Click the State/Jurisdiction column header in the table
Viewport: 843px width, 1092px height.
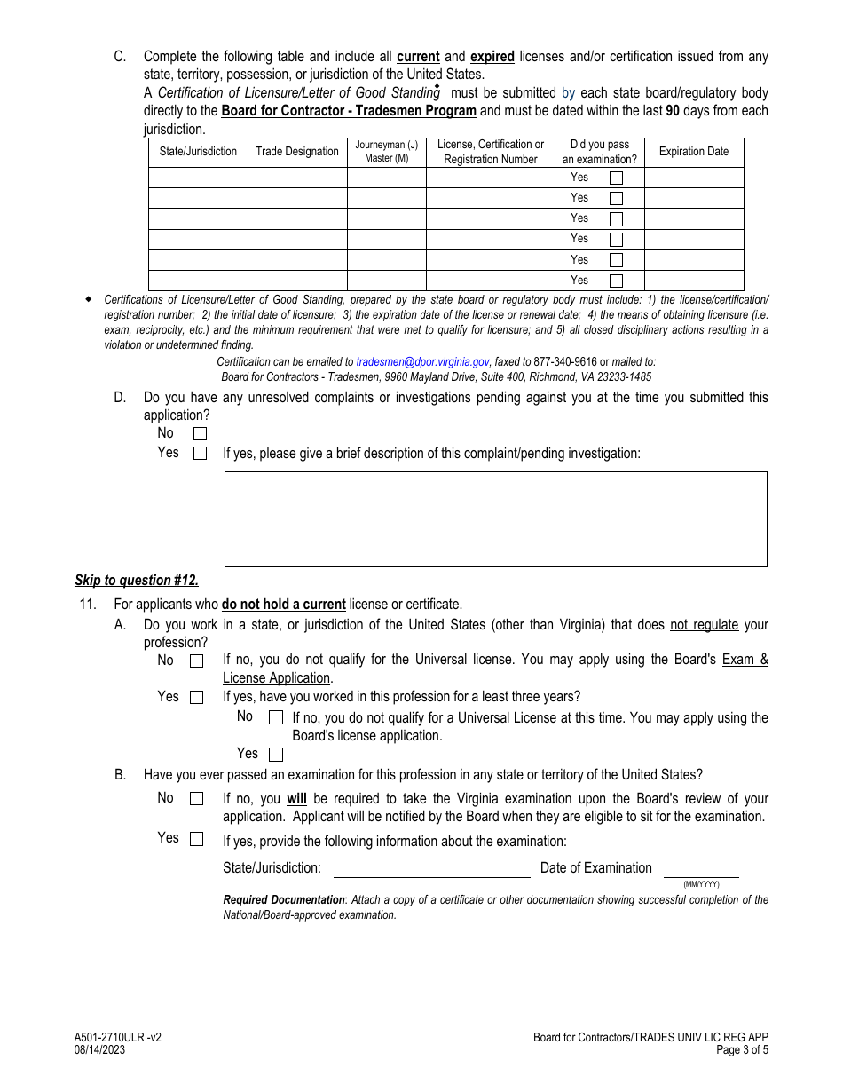(198, 152)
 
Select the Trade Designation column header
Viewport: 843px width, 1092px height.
(297, 152)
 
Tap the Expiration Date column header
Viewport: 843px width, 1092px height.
(693, 152)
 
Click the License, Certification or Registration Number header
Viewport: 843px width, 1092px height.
(491, 152)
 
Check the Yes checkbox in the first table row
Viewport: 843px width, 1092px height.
(616, 178)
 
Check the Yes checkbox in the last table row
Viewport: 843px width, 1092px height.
(616, 281)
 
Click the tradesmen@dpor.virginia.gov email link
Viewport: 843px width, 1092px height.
(422, 362)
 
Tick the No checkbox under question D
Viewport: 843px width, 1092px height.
(200, 434)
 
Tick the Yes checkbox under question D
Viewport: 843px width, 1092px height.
(200, 454)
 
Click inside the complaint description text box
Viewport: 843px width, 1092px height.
(495, 518)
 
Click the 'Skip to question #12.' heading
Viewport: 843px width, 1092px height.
(137, 581)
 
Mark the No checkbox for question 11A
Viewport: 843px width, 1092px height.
(196, 661)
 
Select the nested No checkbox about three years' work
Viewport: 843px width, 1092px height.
(276, 717)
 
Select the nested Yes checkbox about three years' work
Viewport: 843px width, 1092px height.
(276, 755)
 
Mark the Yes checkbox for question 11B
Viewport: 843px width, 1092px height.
(196, 839)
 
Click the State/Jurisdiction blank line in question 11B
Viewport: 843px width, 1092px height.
(431, 869)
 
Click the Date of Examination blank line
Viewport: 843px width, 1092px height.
(701, 869)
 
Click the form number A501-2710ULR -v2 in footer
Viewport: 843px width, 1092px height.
(118, 1037)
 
